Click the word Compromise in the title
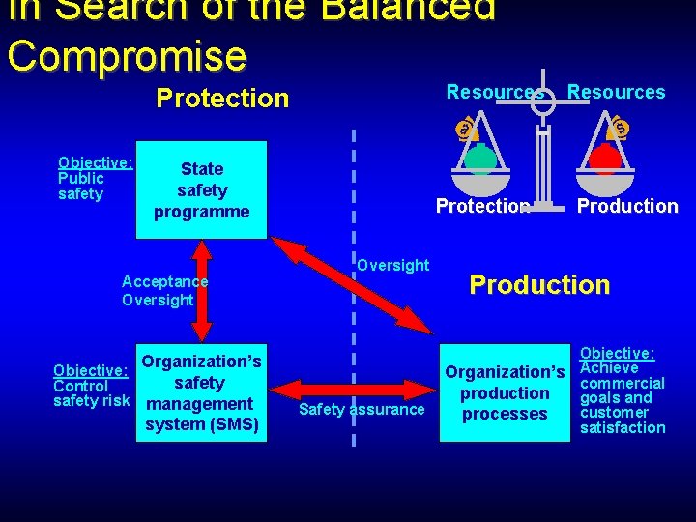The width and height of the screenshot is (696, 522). click(127, 55)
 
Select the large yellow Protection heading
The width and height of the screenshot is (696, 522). click(222, 99)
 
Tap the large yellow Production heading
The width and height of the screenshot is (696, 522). click(539, 284)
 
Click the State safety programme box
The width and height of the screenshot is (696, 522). click(202, 190)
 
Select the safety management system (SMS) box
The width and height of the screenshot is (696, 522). click(201, 393)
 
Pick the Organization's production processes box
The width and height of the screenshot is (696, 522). click(504, 393)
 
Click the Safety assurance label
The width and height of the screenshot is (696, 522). click(362, 410)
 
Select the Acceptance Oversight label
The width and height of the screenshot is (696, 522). click(164, 291)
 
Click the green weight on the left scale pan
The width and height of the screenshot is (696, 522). click(480, 157)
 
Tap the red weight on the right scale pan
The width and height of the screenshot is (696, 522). click(606, 156)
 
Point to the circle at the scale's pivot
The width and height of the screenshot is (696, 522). click(544, 101)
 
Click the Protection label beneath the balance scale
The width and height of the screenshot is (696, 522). click(482, 206)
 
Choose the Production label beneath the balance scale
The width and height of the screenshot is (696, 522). click(627, 206)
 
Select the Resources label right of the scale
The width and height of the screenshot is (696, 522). click(616, 92)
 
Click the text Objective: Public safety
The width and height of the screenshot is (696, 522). click(94, 179)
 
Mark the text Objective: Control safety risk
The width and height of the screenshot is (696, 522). click(91, 386)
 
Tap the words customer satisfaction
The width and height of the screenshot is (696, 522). click(623, 420)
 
